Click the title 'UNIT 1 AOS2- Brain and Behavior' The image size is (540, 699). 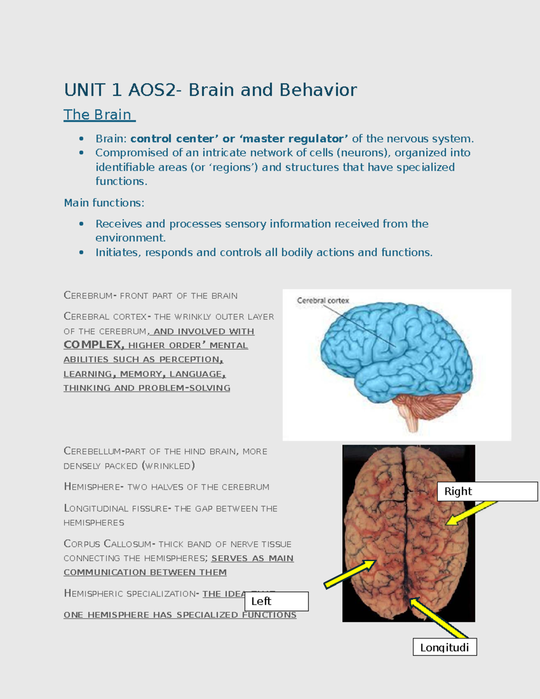coord(210,90)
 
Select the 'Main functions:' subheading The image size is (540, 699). coord(104,203)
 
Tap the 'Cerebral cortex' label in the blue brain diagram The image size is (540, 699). coord(323,300)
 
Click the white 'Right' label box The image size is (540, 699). coord(487,491)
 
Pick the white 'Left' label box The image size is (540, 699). coord(276,601)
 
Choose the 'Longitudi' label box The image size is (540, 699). coord(445,647)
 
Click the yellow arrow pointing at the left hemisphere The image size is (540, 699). coord(350,574)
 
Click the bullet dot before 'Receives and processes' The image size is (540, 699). coord(81,224)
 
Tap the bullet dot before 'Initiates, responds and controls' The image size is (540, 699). coord(81,253)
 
